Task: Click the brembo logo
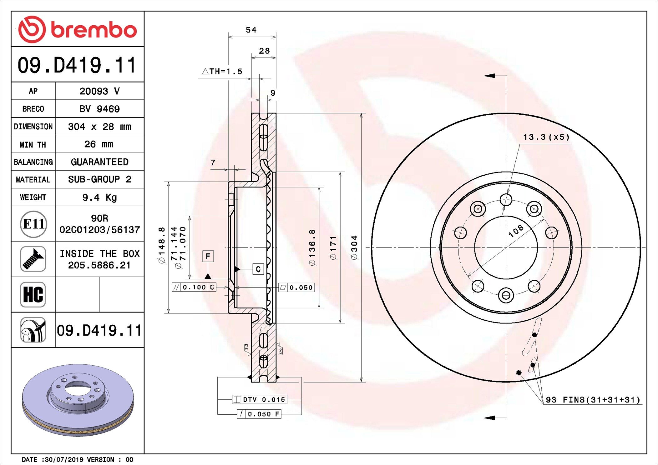(78, 29)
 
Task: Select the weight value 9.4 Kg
(99, 197)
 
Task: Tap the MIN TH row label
(33, 145)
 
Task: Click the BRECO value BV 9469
(99, 109)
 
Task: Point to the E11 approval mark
(33, 224)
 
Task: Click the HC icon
(33, 295)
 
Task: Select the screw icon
(33, 259)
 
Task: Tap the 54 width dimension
(251, 30)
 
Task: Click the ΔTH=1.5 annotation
(222, 72)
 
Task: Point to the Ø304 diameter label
(354, 247)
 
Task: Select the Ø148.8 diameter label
(162, 245)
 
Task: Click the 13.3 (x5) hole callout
(546, 137)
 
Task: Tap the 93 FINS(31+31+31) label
(593, 400)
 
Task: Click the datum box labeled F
(208, 256)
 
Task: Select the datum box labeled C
(258, 269)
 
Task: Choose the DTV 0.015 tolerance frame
(260, 400)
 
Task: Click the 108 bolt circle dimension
(516, 231)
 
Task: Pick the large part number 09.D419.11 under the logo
(77, 65)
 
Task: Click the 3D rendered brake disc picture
(78, 400)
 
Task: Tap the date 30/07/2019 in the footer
(64, 459)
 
